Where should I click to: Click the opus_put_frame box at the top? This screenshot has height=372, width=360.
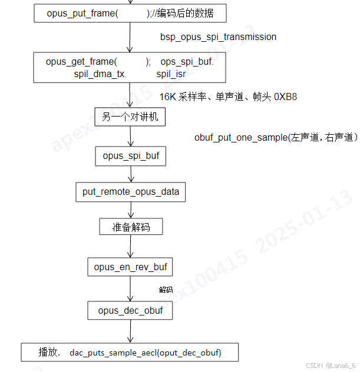130,14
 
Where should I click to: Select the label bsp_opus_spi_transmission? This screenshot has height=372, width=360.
218,36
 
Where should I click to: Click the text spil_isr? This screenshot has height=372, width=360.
171,74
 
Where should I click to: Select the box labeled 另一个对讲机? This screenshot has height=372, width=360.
130,117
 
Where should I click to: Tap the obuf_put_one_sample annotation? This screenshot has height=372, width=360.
276,137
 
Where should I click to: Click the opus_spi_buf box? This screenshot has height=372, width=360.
130,156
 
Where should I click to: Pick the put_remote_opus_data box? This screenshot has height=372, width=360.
131,192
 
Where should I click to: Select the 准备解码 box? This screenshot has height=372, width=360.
130,227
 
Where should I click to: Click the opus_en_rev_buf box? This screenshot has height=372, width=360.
130,267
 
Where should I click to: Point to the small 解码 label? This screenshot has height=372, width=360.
166,290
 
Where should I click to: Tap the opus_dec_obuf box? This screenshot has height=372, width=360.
130,310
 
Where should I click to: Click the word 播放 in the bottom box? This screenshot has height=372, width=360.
49,352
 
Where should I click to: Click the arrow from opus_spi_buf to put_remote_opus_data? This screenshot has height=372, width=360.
130,174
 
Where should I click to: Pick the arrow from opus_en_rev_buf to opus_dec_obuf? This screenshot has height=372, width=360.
130,289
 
